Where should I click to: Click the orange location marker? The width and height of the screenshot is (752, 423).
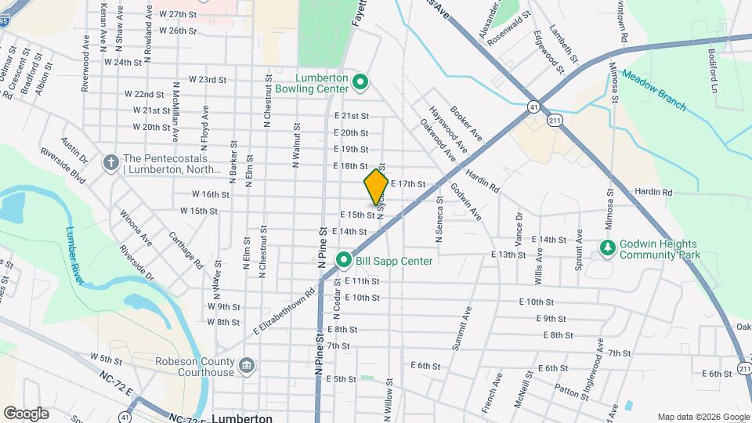coord(376,187)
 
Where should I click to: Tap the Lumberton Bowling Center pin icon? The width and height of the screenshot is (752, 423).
coord(360,81)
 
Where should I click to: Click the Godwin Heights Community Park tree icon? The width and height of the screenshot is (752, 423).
coord(607,248)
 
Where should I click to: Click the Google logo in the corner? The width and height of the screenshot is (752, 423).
coord(26,413)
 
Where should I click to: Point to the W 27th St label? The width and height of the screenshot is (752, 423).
coord(177,14)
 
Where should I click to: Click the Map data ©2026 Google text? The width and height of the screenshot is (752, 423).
coord(703,417)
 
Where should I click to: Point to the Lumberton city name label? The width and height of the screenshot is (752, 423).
coord(242,418)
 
